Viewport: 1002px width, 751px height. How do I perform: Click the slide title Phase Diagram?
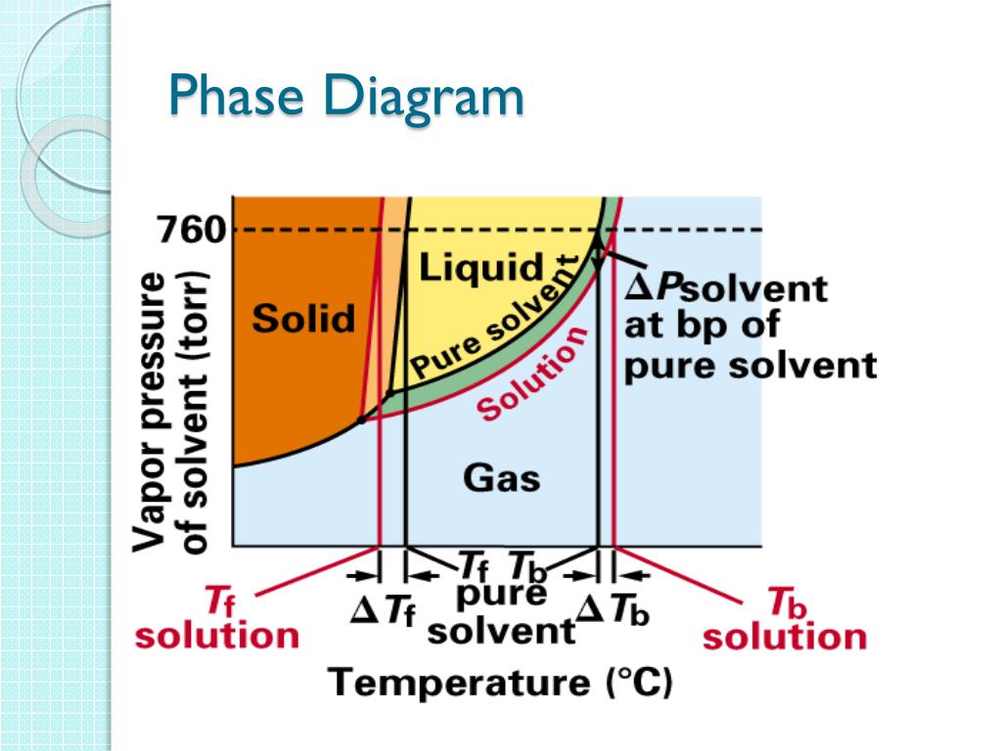click(345, 100)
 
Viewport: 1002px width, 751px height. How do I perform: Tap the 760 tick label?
click(192, 231)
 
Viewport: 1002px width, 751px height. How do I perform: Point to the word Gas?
click(501, 478)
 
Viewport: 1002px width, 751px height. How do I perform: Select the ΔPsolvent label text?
click(725, 289)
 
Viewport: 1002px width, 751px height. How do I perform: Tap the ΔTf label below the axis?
click(384, 611)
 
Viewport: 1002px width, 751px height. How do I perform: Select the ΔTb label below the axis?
click(614, 612)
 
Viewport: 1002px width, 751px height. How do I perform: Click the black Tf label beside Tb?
click(474, 567)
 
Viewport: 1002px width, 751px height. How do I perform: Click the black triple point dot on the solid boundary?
click(361, 420)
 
